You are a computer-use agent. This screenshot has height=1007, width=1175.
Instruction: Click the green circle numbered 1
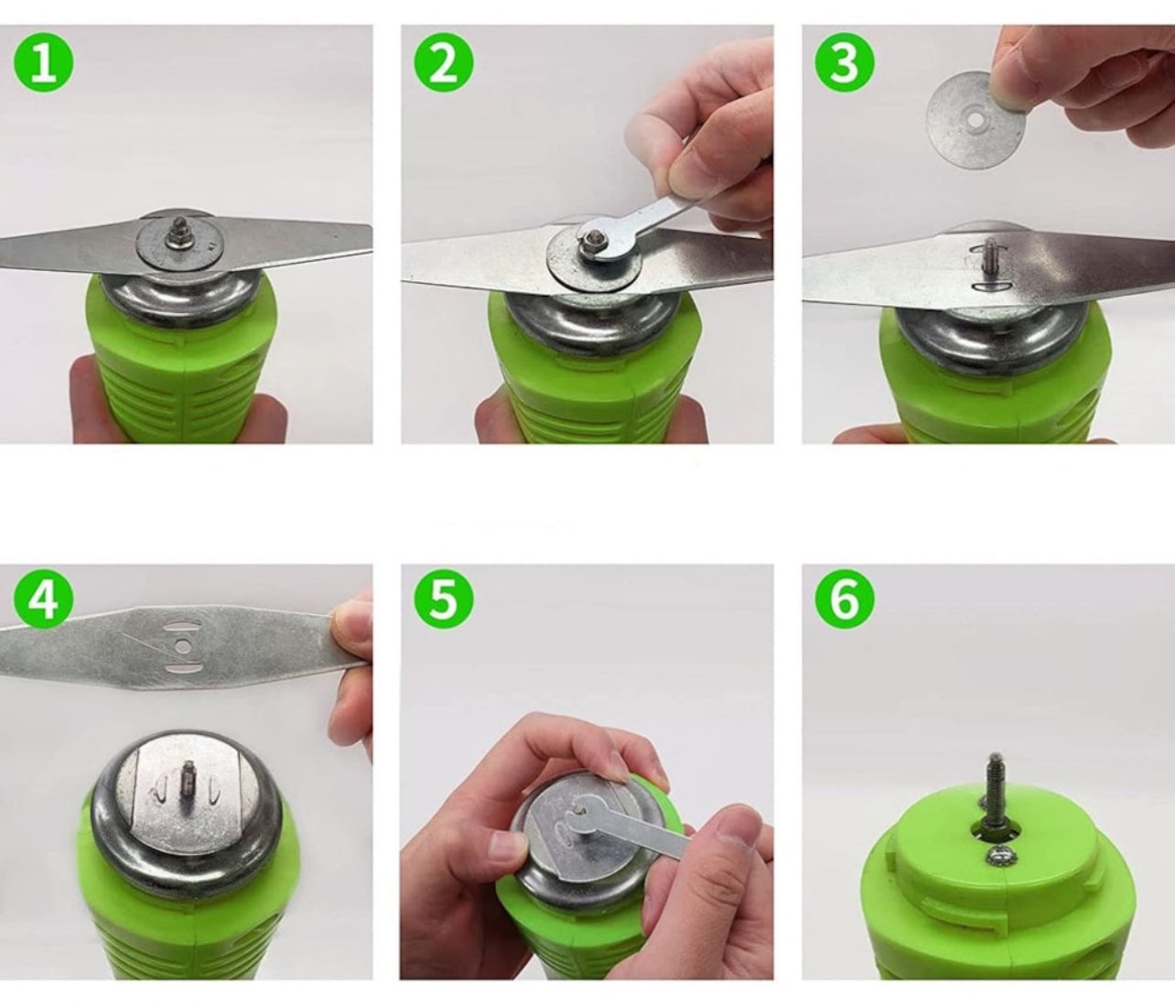point(43,62)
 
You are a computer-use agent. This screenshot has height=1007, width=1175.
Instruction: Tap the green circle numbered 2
point(444,62)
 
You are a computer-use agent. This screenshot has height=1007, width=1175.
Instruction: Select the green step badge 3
point(844,62)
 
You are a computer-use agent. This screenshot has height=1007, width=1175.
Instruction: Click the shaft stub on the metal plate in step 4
point(186,784)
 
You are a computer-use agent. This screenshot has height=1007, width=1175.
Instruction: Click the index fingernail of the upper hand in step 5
point(615,768)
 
